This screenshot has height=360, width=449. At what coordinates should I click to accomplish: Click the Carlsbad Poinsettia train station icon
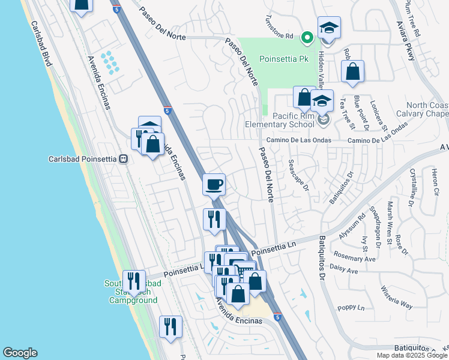point(123,159)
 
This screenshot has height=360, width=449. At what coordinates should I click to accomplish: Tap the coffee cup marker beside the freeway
point(214,184)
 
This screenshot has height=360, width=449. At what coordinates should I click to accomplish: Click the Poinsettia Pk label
point(283,59)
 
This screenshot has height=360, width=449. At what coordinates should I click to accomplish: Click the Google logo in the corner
point(20,353)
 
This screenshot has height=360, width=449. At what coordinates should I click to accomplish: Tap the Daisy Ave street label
point(344,271)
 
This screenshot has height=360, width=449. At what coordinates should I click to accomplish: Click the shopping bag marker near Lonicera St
point(352,71)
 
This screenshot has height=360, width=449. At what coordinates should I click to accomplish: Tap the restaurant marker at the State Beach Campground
point(134,281)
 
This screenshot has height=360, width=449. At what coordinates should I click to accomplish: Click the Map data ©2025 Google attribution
point(412,355)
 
